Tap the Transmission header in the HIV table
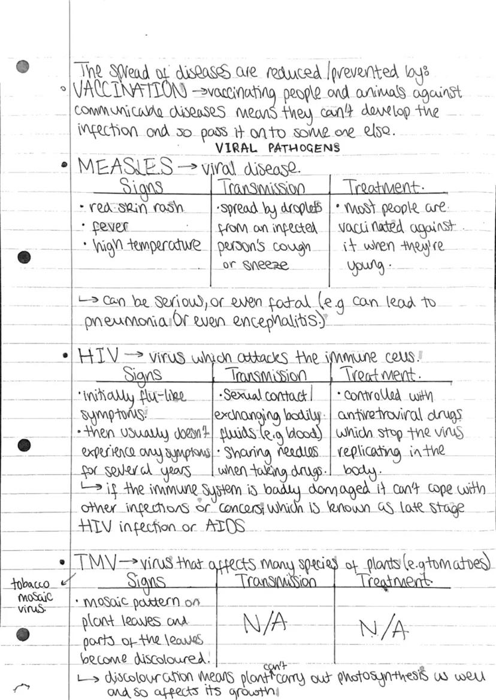click(268, 375)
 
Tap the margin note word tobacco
click(30, 584)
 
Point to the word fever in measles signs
click(111, 228)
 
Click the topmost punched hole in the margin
click(23, 66)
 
